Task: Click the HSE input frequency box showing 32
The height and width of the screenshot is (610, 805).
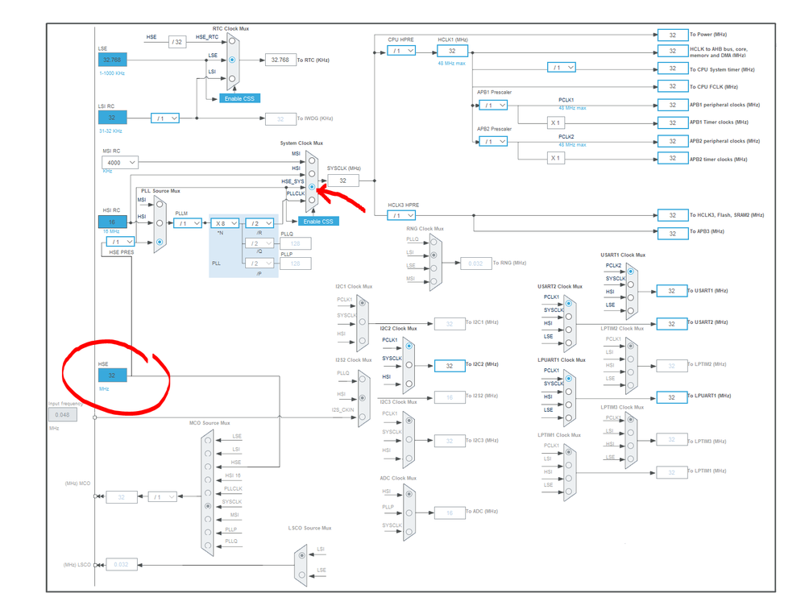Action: point(112,376)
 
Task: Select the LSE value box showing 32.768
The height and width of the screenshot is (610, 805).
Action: point(112,60)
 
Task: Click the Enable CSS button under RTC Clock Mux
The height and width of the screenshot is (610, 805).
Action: point(239,98)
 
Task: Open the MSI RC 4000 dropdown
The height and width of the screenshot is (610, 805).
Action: point(119,163)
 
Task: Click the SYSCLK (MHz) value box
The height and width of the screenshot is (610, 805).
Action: point(343,181)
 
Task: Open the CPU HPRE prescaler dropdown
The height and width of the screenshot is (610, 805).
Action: point(400,51)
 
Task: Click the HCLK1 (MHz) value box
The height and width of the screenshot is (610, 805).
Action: point(452,51)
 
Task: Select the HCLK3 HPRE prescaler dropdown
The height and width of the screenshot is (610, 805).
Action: point(400,215)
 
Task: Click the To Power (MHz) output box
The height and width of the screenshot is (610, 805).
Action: point(672,35)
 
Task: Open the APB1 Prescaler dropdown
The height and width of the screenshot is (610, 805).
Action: point(492,106)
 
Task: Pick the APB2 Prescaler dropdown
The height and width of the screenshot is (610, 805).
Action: point(492,141)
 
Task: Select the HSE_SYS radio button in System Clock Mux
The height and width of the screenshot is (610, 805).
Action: point(312,187)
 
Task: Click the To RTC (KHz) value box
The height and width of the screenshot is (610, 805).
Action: point(280,60)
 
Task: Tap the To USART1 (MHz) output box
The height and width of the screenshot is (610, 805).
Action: point(671,291)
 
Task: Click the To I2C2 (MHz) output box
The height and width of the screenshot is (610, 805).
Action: point(450,365)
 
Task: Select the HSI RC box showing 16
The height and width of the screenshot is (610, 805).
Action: point(112,222)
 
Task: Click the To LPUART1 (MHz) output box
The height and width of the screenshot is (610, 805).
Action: point(671,396)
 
